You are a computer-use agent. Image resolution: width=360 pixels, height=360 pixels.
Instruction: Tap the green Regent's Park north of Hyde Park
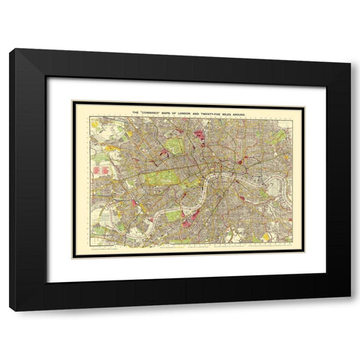tap(174, 145)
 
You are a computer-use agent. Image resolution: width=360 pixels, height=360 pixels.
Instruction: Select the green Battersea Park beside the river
tap(173, 214)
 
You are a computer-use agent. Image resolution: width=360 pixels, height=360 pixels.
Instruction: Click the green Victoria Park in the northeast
tap(280, 137)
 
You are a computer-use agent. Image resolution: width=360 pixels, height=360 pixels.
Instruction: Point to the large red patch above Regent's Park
tap(199, 137)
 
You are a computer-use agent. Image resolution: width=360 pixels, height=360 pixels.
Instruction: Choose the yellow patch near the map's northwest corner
tap(95, 123)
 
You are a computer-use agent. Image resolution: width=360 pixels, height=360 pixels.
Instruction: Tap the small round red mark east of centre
tap(241, 160)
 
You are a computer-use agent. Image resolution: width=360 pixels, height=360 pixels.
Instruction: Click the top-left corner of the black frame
tap(10, 49)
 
